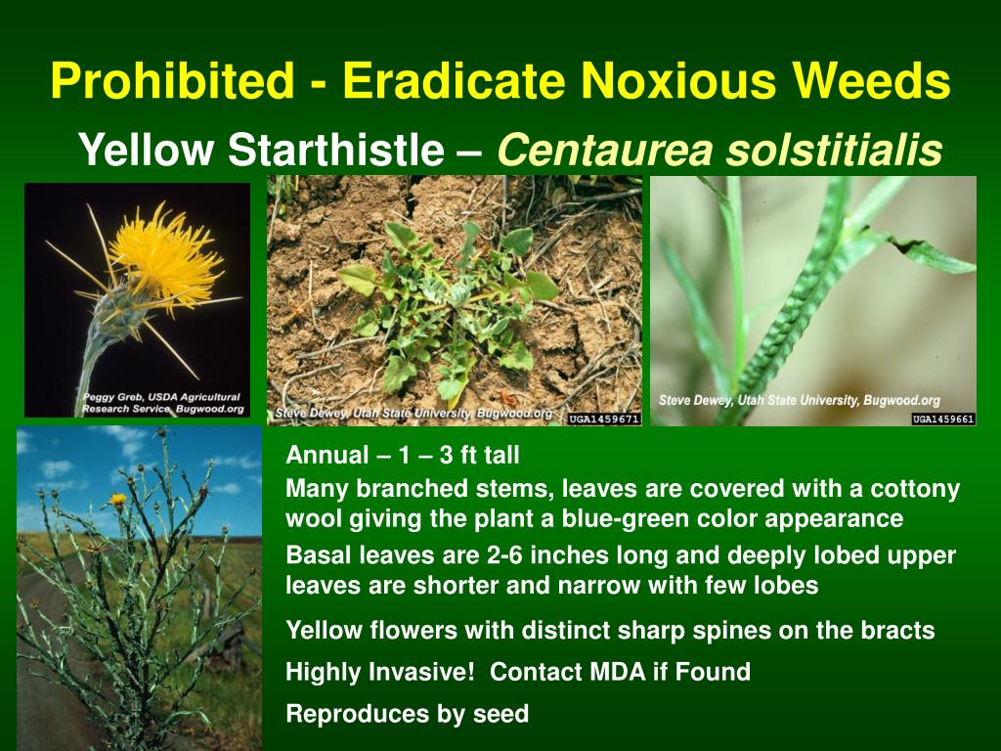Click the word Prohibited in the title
tap(172, 81)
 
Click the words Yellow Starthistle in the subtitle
tap(260, 151)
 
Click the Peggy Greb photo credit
tap(161, 403)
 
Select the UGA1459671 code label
tap(603, 419)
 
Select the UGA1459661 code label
tap(943, 419)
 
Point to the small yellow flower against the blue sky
tap(118, 500)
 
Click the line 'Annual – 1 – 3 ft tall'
tap(402, 455)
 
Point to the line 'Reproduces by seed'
tap(407, 714)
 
